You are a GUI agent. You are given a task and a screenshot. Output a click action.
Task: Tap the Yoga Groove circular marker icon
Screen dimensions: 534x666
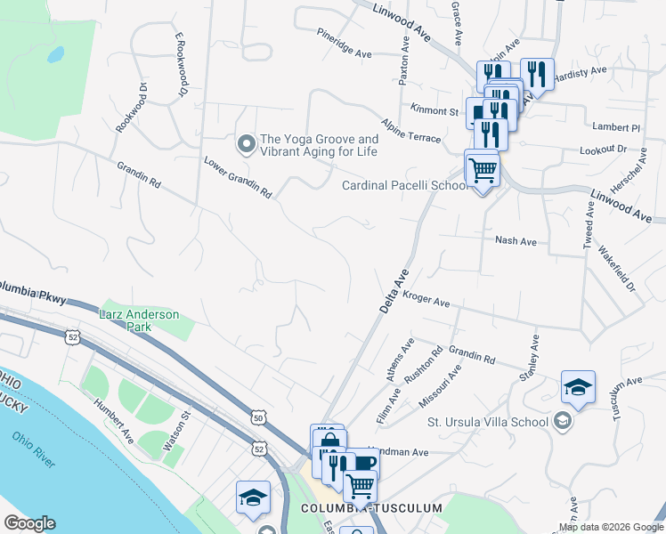point(245,142)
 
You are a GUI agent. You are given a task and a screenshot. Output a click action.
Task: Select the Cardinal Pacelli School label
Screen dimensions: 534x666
point(403,186)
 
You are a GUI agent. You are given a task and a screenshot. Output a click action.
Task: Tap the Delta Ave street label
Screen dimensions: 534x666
point(393,291)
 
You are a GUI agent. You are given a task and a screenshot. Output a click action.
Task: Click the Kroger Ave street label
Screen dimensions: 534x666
point(426,299)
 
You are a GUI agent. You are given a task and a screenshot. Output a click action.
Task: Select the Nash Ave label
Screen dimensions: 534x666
point(516,240)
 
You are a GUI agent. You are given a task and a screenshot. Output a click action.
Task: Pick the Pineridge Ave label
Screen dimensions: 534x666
point(344,43)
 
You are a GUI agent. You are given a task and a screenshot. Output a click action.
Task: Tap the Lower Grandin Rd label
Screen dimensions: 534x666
point(238,178)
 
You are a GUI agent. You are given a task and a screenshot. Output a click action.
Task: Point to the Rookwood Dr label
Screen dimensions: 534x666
point(129,107)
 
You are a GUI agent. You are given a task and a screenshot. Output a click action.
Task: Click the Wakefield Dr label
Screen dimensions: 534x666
point(617,269)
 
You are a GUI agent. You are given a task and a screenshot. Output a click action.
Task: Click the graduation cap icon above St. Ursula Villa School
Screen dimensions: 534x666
point(578,387)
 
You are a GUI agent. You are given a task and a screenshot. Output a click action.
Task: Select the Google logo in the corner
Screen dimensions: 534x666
point(29,523)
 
